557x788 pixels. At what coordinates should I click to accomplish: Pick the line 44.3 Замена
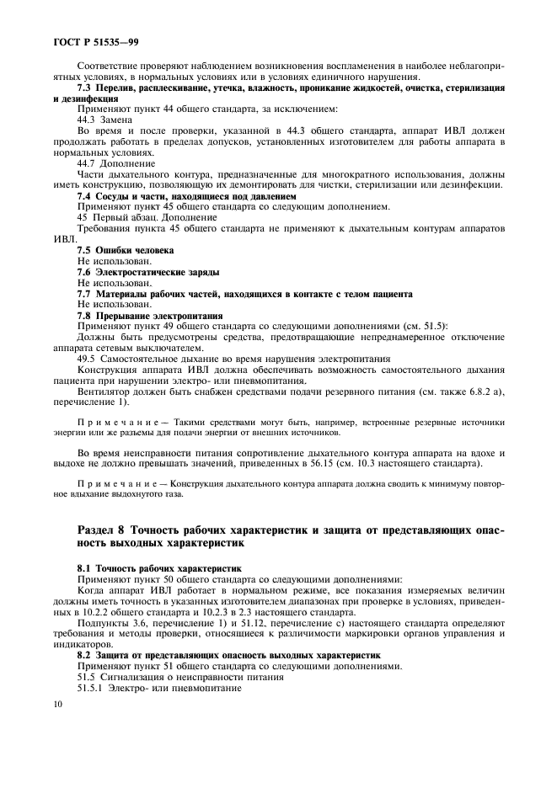click(x=104, y=120)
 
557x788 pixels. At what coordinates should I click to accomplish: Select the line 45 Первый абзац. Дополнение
click(x=147, y=217)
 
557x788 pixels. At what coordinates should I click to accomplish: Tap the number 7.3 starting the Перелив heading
click(x=84, y=88)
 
